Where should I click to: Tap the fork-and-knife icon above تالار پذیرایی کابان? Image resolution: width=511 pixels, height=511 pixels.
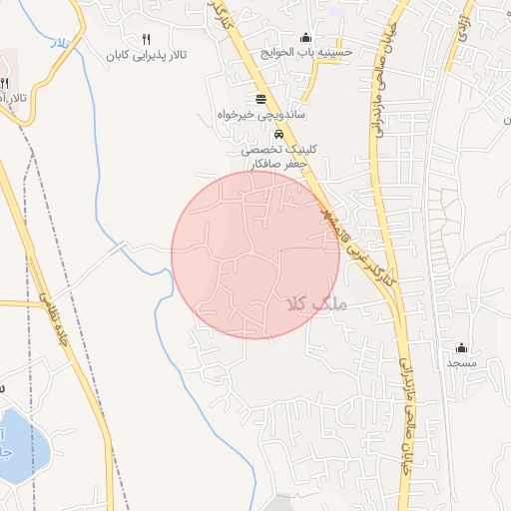click(146, 38)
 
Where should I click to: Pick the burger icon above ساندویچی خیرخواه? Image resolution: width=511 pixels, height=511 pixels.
click(261, 98)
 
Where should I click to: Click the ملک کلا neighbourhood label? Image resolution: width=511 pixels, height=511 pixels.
click(313, 302)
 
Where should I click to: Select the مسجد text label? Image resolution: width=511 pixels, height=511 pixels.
click(462, 364)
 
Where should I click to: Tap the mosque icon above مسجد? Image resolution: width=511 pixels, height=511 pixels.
click(462, 347)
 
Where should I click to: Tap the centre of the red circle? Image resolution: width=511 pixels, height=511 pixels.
click(255, 255)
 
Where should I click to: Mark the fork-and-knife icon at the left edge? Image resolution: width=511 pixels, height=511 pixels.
click(5, 82)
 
